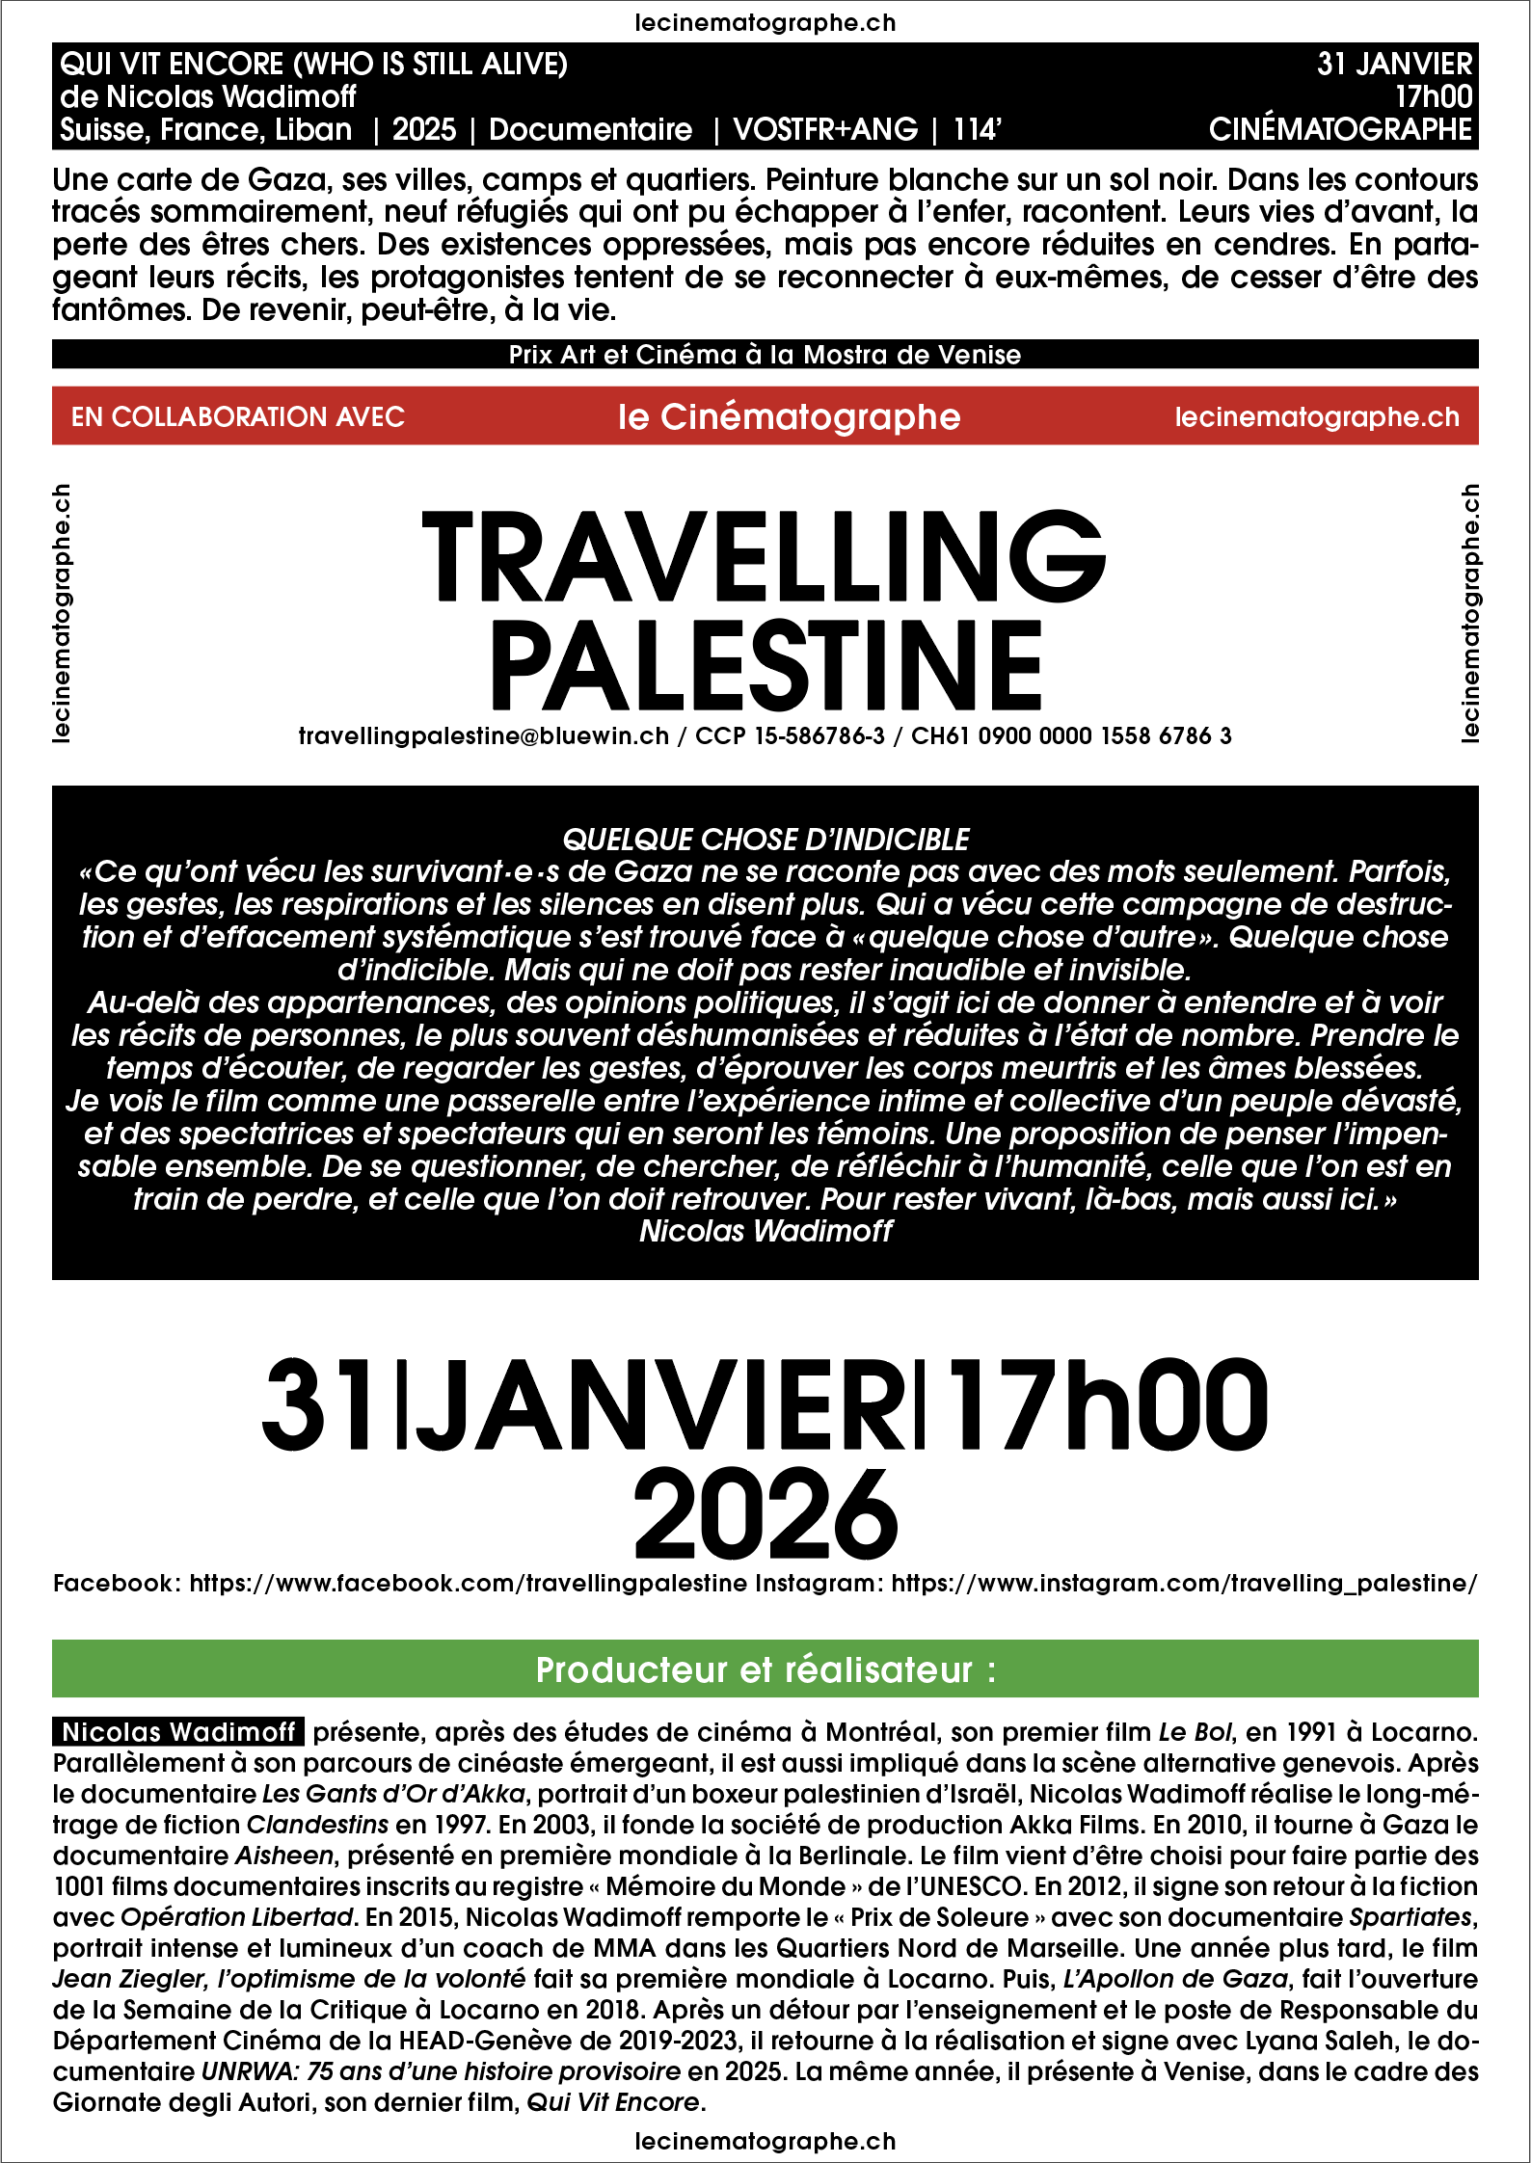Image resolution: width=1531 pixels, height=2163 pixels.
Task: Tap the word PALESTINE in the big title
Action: [766, 665]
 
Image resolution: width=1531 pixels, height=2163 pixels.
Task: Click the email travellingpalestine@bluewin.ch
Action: [483, 736]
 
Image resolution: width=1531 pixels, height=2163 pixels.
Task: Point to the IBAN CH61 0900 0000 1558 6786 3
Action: [1071, 736]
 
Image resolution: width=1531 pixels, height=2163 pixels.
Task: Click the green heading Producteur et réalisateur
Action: [765, 1669]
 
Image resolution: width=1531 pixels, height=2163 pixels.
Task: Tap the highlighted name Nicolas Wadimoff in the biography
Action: [178, 1732]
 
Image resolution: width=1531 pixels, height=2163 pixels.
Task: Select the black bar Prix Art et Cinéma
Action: [765, 355]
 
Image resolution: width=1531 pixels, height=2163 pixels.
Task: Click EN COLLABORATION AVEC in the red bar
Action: [237, 416]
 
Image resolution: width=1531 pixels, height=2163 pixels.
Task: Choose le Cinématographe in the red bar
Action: [789, 416]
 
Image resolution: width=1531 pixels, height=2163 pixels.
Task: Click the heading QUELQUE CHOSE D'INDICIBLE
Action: [765, 840]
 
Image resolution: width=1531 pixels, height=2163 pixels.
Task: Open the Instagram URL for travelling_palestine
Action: [1183, 1583]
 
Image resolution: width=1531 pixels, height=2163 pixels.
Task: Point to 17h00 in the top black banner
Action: [1434, 96]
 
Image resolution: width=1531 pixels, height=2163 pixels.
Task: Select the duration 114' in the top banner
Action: [978, 130]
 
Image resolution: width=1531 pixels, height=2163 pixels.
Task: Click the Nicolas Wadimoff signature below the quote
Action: [765, 1231]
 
